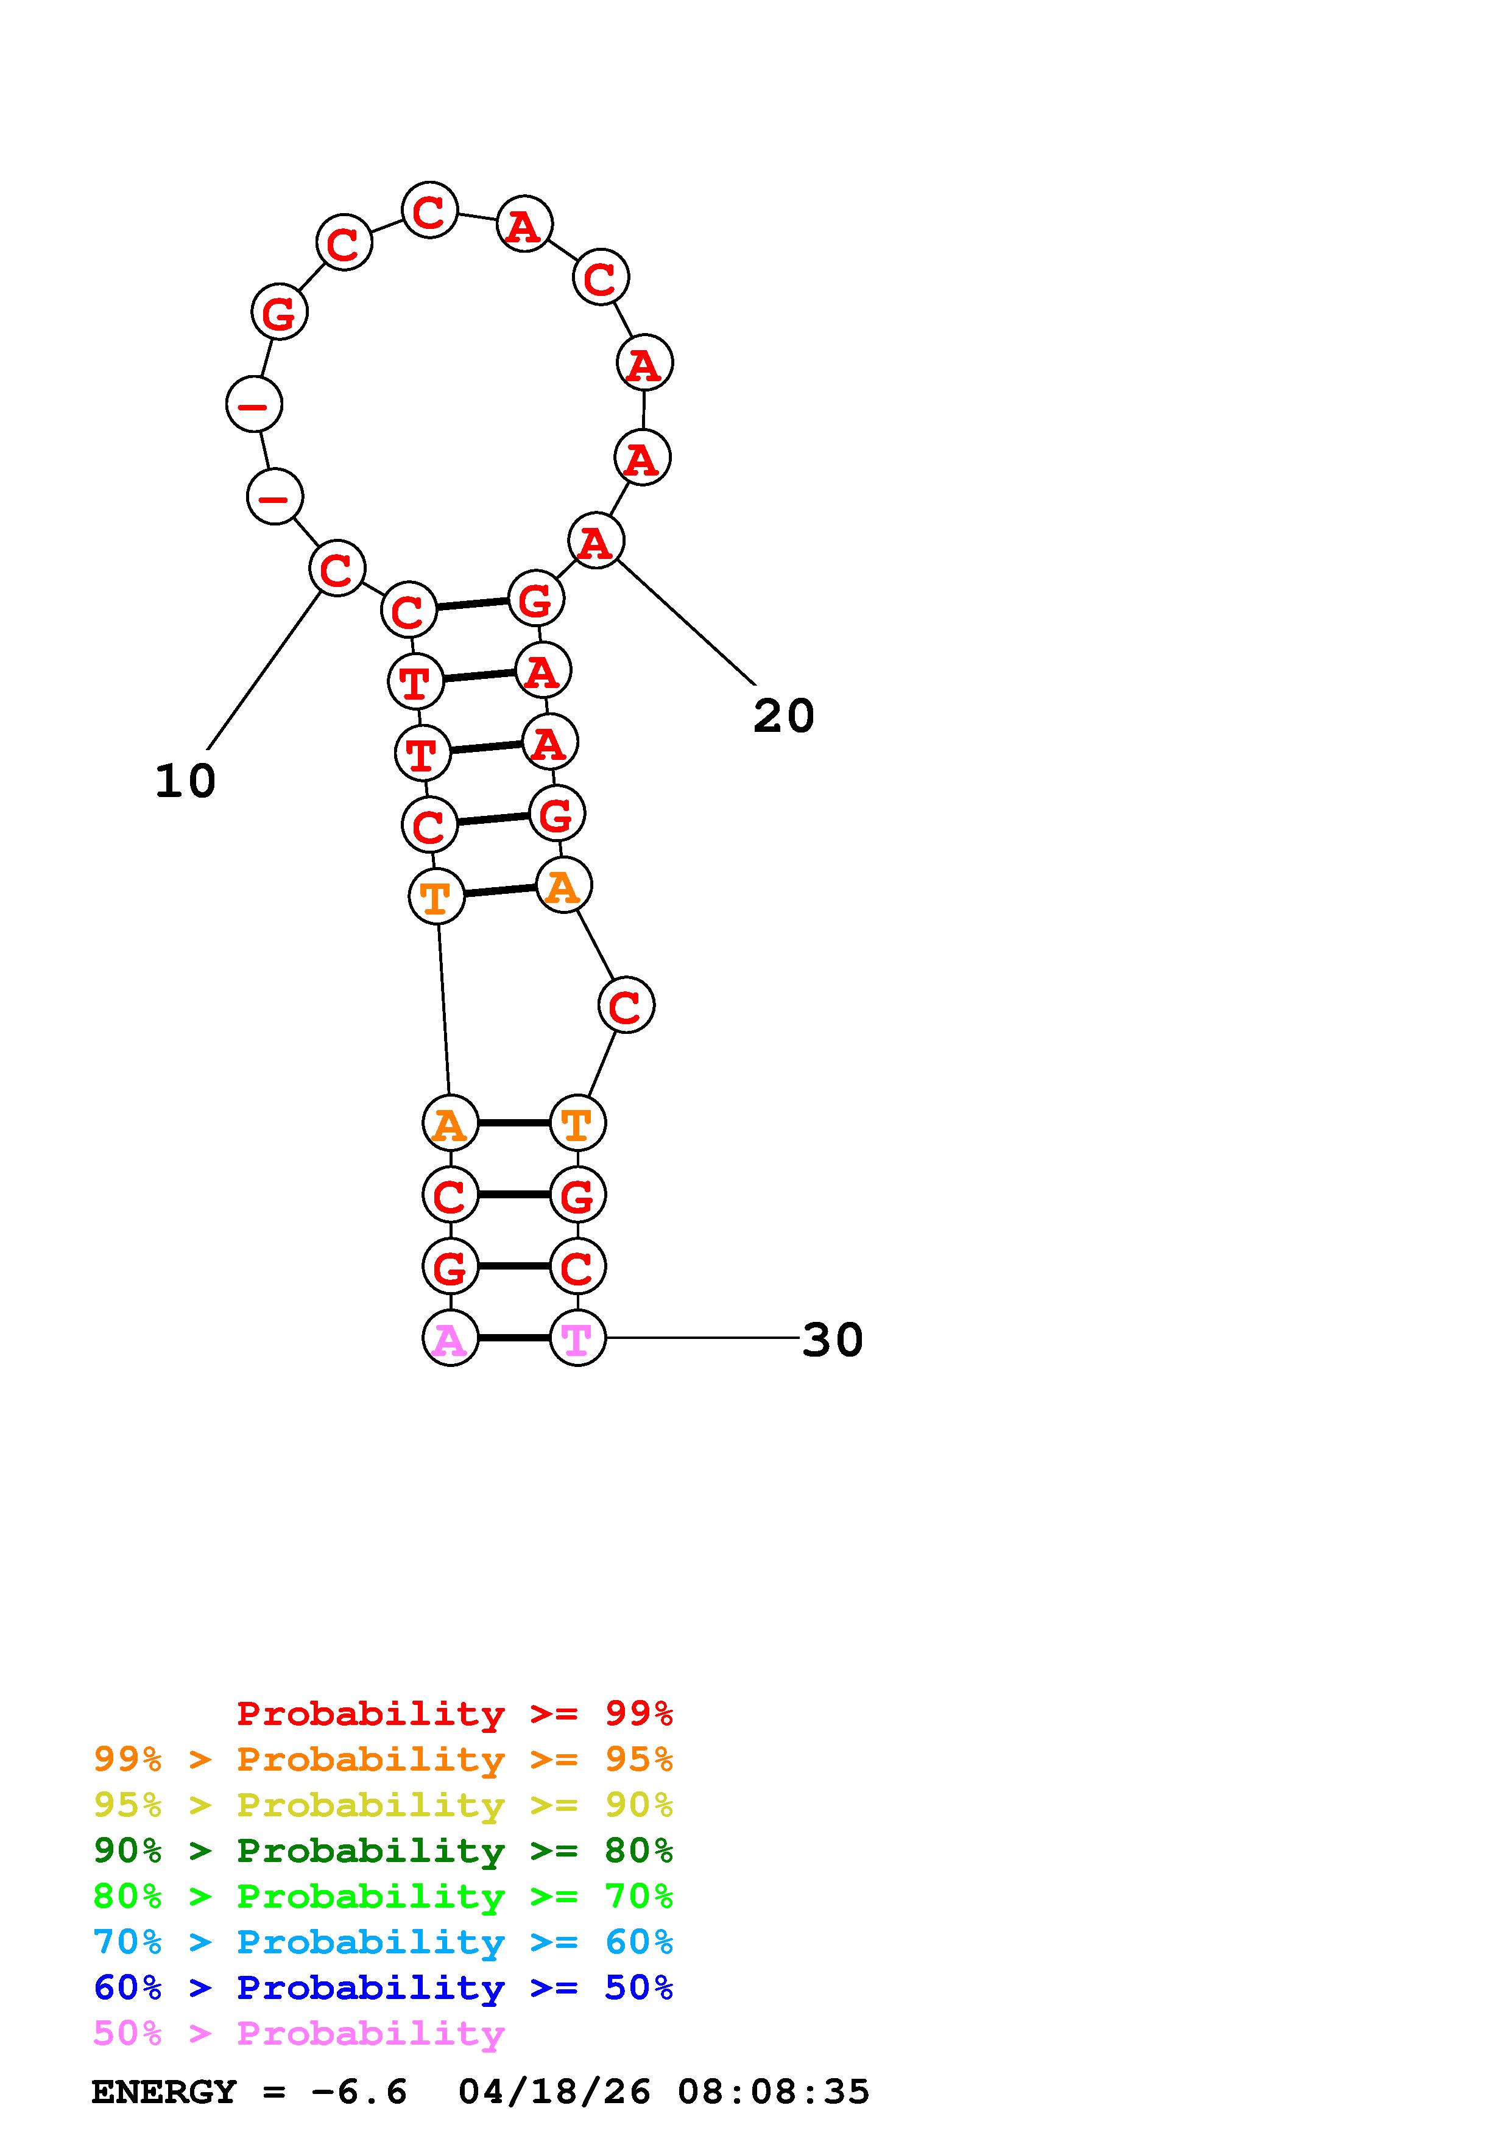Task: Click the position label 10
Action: pyautogui.click(x=185, y=781)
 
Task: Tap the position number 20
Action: pyautogui.click(x=783, y=716)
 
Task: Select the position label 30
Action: pyautogui.click(x=833, y=1340)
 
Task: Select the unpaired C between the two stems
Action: pyautogui.click(x=626, y=1005)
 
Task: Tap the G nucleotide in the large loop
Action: pyautogui.click(x=279, y=312)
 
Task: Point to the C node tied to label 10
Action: pyautogui.click(x=337, y=569)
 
